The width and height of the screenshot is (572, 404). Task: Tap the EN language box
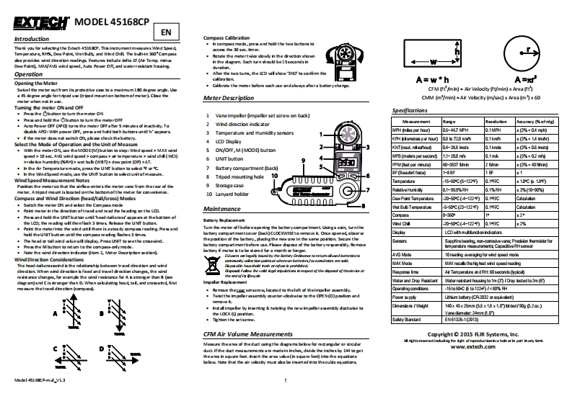pyautogui.click(x=166, y=32)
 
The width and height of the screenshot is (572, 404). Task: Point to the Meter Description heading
pyautogui.click(x=229, y=97)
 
